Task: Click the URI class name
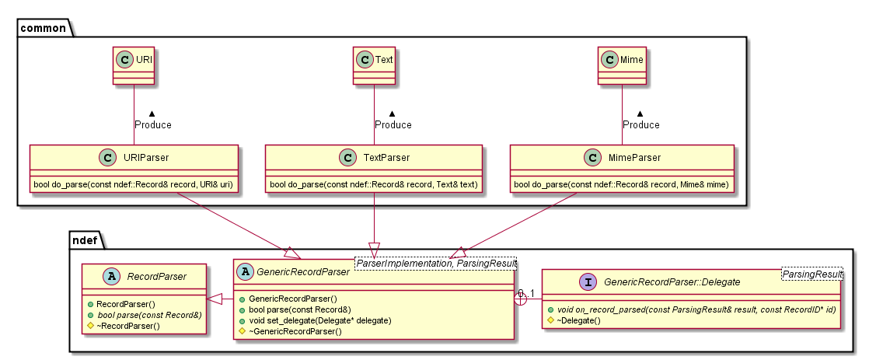144,58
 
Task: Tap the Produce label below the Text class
393,124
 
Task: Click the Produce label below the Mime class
640,124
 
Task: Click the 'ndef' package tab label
86,241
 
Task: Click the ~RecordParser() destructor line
128,325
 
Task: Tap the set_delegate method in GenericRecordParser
310,320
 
